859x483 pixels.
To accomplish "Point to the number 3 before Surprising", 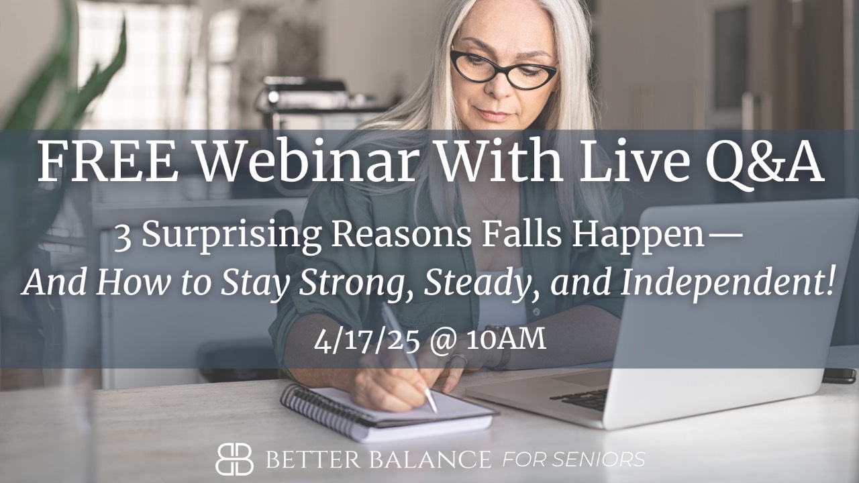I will [x=122, y=237].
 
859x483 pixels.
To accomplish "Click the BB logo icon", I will [x=234, y=459].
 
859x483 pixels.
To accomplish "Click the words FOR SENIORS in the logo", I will [x=574, y=460].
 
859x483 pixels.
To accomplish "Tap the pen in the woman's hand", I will [x=409, y=356].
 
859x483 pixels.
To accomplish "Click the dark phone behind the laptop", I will [x=839, y=376].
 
